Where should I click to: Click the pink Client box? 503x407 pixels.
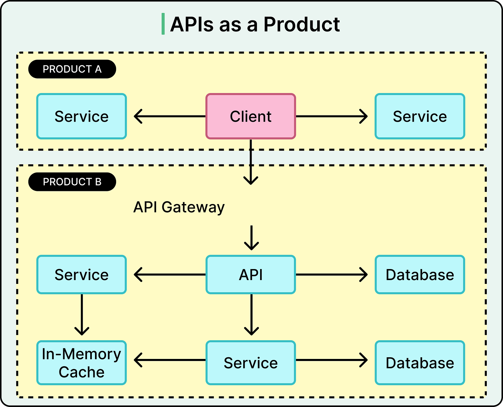click(251, 116)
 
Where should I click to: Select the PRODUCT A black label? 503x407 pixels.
click(72, 69)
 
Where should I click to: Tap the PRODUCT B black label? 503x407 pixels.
click(72, 182)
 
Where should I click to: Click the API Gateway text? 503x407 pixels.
click(179, 207)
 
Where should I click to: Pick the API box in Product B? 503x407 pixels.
click(251, 275)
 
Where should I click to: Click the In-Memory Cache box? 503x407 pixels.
click(82, 363)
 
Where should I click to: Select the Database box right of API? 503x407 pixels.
click(420, 275)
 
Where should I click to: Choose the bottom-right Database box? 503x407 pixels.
click(420, 363)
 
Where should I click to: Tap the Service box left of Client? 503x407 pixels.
click(82, 116)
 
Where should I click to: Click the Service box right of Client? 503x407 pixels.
click(420, 116)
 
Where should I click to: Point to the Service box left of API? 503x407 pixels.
click(82, 275)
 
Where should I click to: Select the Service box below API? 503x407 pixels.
click(251, 363)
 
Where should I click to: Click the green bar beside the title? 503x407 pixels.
click(163, 24)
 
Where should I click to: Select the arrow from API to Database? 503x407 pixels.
click(332, 275)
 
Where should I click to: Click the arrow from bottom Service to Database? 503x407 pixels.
click(332, 360)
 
